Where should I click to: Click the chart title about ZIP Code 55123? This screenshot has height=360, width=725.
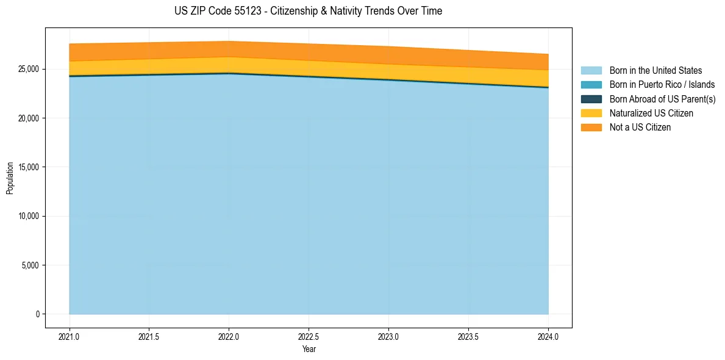click(309, 11)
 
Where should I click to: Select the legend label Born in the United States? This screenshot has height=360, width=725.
click(655, 71)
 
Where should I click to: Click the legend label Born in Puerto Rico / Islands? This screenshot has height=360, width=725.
click(662, 85)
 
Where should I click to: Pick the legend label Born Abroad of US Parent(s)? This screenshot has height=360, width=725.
click(662, 99)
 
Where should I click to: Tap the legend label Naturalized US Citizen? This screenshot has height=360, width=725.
click(651, 113)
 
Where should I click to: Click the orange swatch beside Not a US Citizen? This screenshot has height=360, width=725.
click(591, 128)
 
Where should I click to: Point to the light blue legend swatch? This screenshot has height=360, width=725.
click(591, 71)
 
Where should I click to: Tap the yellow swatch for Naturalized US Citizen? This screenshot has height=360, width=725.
click(591, 113)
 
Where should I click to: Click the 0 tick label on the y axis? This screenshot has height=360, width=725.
click(37, 314)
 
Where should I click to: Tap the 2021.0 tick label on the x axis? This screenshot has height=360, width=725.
click(70, 336)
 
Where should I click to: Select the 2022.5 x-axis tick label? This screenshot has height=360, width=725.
click(309, 336)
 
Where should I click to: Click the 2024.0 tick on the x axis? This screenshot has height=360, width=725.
click(548, 336)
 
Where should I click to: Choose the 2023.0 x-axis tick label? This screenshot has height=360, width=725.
click(388, 336)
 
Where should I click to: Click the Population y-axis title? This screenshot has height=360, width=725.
click(10, 178)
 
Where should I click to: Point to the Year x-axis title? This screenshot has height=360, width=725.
click(309, 349)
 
